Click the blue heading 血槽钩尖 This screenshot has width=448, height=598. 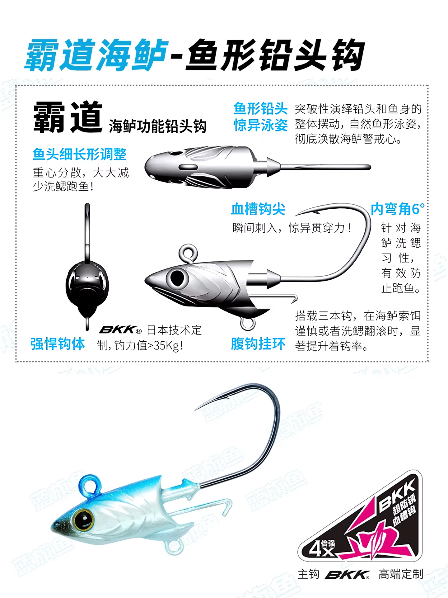pyautogui.click(x=258, y=209)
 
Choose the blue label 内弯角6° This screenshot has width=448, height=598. pyautogui.click(x=398, y=209)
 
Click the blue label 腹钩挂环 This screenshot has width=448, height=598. pyautogui.click(x=258, y=344)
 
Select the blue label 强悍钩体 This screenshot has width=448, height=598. pyautogui.click(x=58, y=344)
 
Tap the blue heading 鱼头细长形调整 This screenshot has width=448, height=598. pyautogui.click(x=80, y=154)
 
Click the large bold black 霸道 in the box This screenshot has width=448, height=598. pyautogui.click(x=68, y=117)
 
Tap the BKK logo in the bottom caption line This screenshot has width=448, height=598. pyautogui.click(x=347, y=575)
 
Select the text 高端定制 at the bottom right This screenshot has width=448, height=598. pyautogui.click(x=401, y=574)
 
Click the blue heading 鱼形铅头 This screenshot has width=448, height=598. pyautogui.click(x=260, y=109)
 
